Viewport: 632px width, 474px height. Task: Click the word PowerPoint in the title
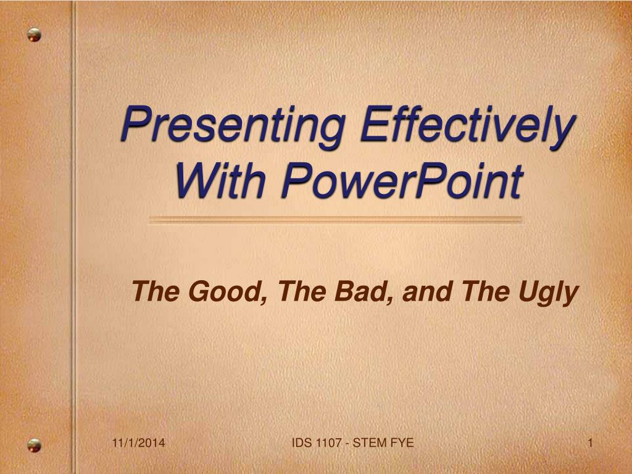pos(402,180)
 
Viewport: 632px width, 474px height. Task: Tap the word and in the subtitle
pos(427,291)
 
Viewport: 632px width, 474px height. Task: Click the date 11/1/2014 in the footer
pos(138,443)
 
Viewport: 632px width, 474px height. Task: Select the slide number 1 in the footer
pos(590,443)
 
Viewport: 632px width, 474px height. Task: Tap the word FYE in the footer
pos(402,443)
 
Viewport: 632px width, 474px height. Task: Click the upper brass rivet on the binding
pos(35,35)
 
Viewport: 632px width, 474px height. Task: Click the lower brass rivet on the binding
pos(35,445)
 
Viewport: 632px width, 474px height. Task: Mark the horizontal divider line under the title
pos(336,220)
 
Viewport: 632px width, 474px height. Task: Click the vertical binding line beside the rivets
pos(73,237)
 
